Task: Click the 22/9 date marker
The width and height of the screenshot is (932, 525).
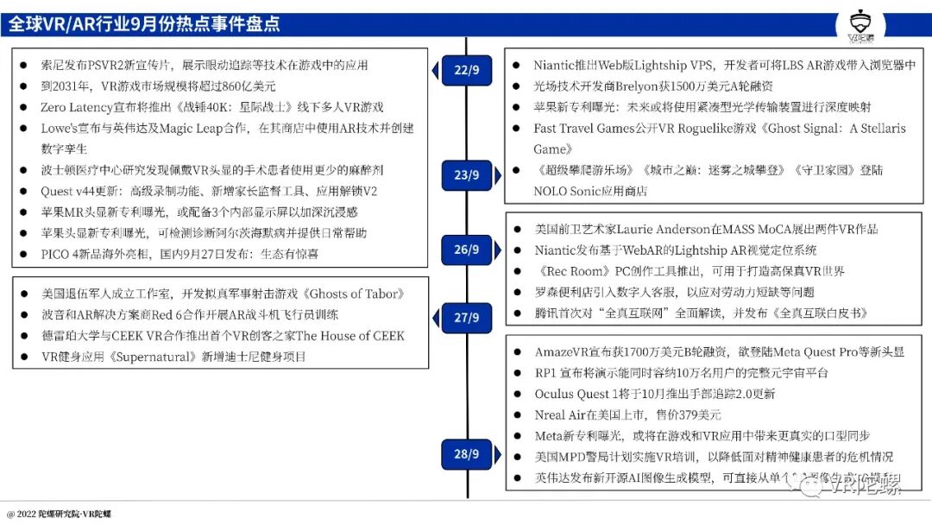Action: pyautogui.click(x=467, y=69)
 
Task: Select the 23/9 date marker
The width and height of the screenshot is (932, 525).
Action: pyautogui.click(x=467, y=175)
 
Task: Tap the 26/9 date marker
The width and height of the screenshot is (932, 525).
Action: pyautogui.click(x=467, y=250)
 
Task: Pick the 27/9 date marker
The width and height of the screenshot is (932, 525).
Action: pyautogui.click(x=467, y=317)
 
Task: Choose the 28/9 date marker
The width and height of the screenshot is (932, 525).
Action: pyautogui.click(x=467, y=453)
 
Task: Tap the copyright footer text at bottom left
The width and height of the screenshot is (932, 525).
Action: pyautogui.click(x=60, y=515)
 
